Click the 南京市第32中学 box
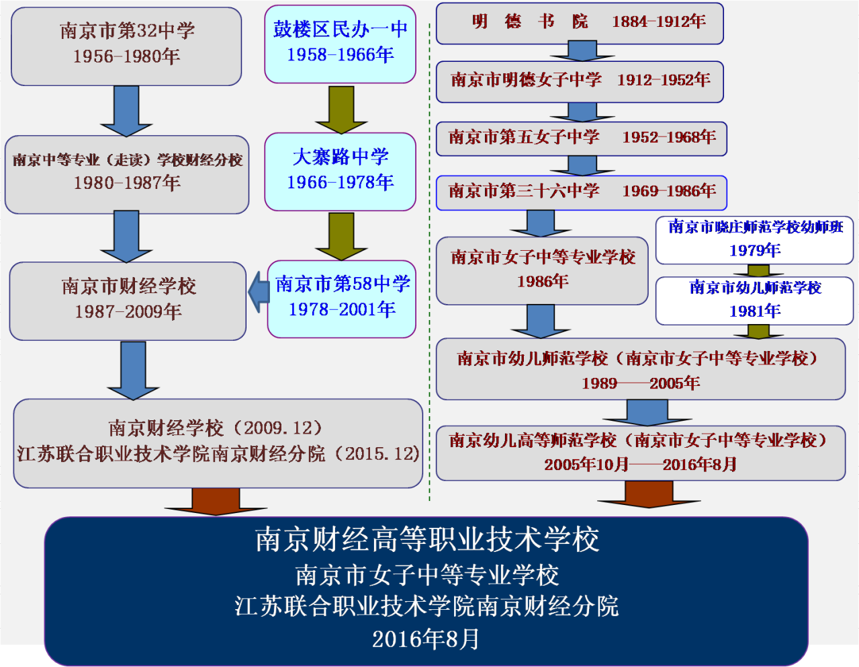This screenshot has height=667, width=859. tap(126, 46)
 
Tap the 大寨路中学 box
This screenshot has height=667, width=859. tap(340, 171)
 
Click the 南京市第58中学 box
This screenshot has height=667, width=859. tap(342, 298)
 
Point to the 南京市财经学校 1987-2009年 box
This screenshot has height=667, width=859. tap(128, 300)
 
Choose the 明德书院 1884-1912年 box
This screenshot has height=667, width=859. tap(580, 23)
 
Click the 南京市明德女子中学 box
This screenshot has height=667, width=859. tap(580, 81)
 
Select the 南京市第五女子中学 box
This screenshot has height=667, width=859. tap(581, 138)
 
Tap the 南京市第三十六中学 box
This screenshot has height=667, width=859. tap(581, 192)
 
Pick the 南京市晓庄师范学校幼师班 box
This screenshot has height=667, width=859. tap(754, 239)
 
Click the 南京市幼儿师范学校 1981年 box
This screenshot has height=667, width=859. tap(754, 300)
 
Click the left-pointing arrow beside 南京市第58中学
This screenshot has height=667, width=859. tap(258, 292)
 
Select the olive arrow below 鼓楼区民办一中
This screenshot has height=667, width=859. tap(341, 109)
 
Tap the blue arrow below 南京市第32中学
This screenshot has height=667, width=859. tap(126, 111)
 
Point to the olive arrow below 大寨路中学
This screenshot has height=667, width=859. tap(341, 236)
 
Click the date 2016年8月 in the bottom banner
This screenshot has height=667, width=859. tap(426, 639)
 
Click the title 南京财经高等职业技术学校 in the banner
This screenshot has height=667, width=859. tap(427, 540)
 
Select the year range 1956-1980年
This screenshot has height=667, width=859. tap(126, 56)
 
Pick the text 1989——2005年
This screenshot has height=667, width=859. tap(641, 383)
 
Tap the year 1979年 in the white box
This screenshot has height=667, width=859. tap(755, 251)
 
